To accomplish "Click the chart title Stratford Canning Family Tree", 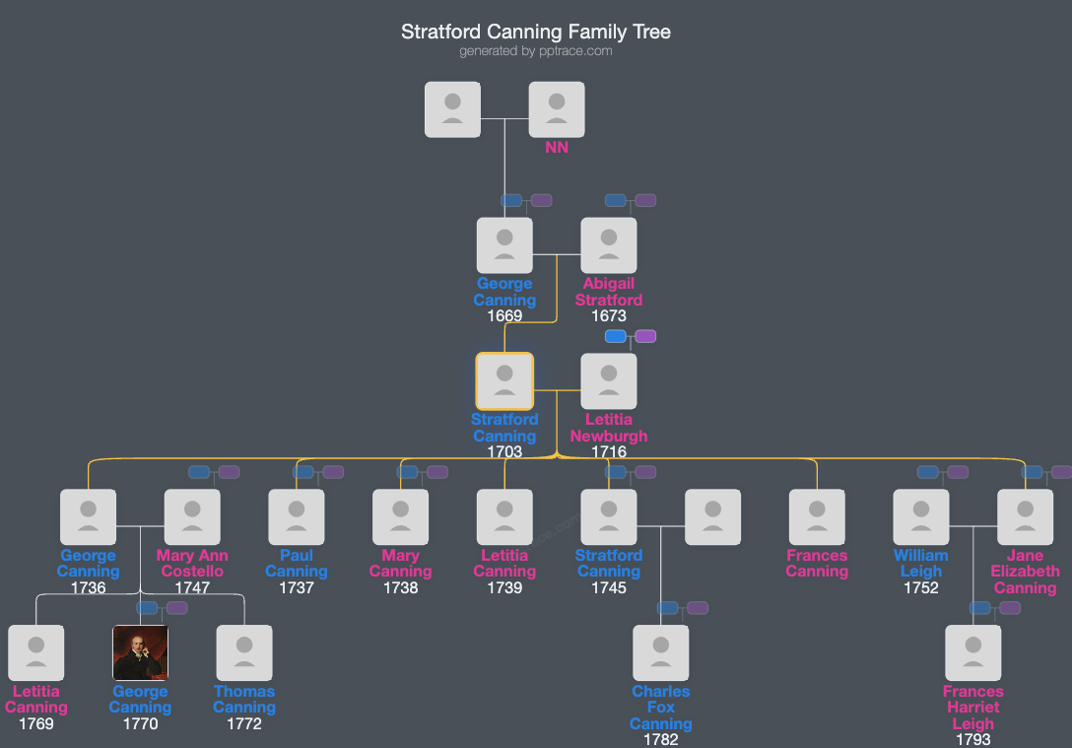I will pos(535,32).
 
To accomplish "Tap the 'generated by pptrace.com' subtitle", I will pos(535,51).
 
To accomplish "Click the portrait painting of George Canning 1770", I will pos(140,652).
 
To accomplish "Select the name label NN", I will pos(557,148).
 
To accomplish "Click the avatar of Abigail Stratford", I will pos(609,245).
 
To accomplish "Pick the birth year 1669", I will pos(504,316).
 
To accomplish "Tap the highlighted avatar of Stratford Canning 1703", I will pos(504,381).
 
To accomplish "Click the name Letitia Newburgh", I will pos(609,428).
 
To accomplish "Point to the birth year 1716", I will pos(609,452).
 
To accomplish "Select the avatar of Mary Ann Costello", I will pos(192,517).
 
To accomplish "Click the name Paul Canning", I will pos(297,564).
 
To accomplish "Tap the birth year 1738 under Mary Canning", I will pos(400,587).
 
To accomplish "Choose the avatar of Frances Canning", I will pos(817,517).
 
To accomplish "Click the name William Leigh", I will pos(921,564).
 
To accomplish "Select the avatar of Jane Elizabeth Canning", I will pos(1025,517).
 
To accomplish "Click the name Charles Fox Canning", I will pos(661,708).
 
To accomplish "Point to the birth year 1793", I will pos(972,739).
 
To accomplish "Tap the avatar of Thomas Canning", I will pos(244,652).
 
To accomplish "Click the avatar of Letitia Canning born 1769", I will pos(36,652).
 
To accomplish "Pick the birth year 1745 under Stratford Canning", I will pos(609,587).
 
